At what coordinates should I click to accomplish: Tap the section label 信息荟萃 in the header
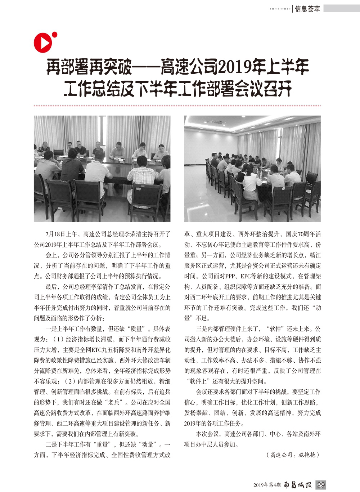[x=307, y=9]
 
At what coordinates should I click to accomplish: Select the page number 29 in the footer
[x=321, y=484]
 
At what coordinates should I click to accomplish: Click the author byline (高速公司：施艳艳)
[x=293, y=455]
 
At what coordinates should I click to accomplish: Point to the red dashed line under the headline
[x=176, y=106]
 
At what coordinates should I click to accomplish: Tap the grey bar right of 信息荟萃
[x=341, y=8]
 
